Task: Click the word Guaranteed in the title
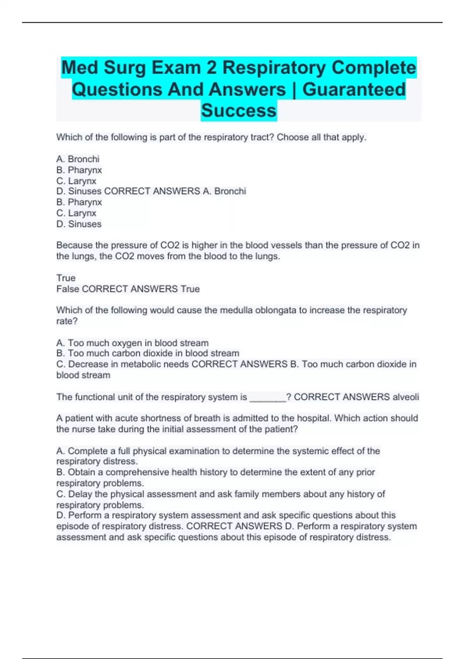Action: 354,89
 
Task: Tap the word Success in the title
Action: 239,110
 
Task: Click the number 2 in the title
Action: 211,67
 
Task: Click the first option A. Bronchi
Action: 78,159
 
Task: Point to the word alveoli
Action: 406,397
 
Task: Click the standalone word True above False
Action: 66,278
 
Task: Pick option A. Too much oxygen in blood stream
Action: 133,343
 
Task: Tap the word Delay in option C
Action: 80,494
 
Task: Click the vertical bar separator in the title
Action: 294,89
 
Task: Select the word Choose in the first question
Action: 293,137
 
